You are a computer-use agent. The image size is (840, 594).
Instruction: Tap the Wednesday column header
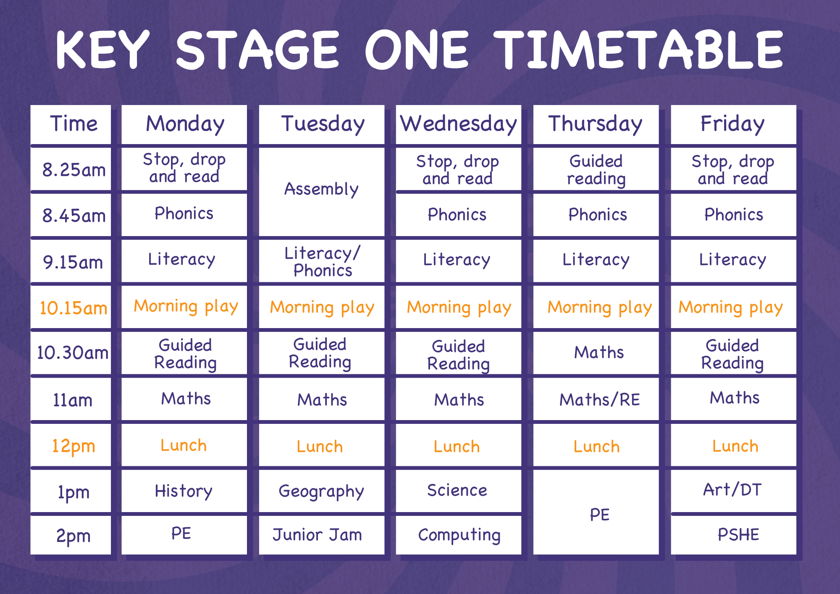click(x=459, y=124)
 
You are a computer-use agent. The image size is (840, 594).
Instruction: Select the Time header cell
click(x=71, y=124)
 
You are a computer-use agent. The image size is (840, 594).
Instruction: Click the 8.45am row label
click(x=71, y=215)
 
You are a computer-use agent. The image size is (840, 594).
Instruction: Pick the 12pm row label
click(x=71, y=445)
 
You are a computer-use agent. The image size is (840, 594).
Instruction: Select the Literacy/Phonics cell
click(x=322, y=261)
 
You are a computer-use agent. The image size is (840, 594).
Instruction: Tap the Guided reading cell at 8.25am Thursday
click(x=596, y=169)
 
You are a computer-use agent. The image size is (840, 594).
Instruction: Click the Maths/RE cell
click(x=596, y=399)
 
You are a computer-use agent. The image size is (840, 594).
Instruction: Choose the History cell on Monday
click(x=184, y=491)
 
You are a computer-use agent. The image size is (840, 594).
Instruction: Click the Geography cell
click(x=322, y=491)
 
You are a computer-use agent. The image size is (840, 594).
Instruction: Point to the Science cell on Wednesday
click(x=459, y=491)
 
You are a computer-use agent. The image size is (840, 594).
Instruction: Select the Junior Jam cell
click(x=322, y=535)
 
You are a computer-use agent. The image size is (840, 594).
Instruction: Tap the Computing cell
click(x=459, y=535)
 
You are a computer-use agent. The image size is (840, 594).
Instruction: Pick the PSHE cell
click(x=733, y=535)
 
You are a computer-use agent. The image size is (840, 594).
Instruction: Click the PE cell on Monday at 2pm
click(x=184, y=535)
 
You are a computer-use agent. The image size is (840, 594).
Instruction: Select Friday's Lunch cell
click(x=733, y=445)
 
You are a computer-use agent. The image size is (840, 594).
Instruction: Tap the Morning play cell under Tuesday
click(x=322, y=307)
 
